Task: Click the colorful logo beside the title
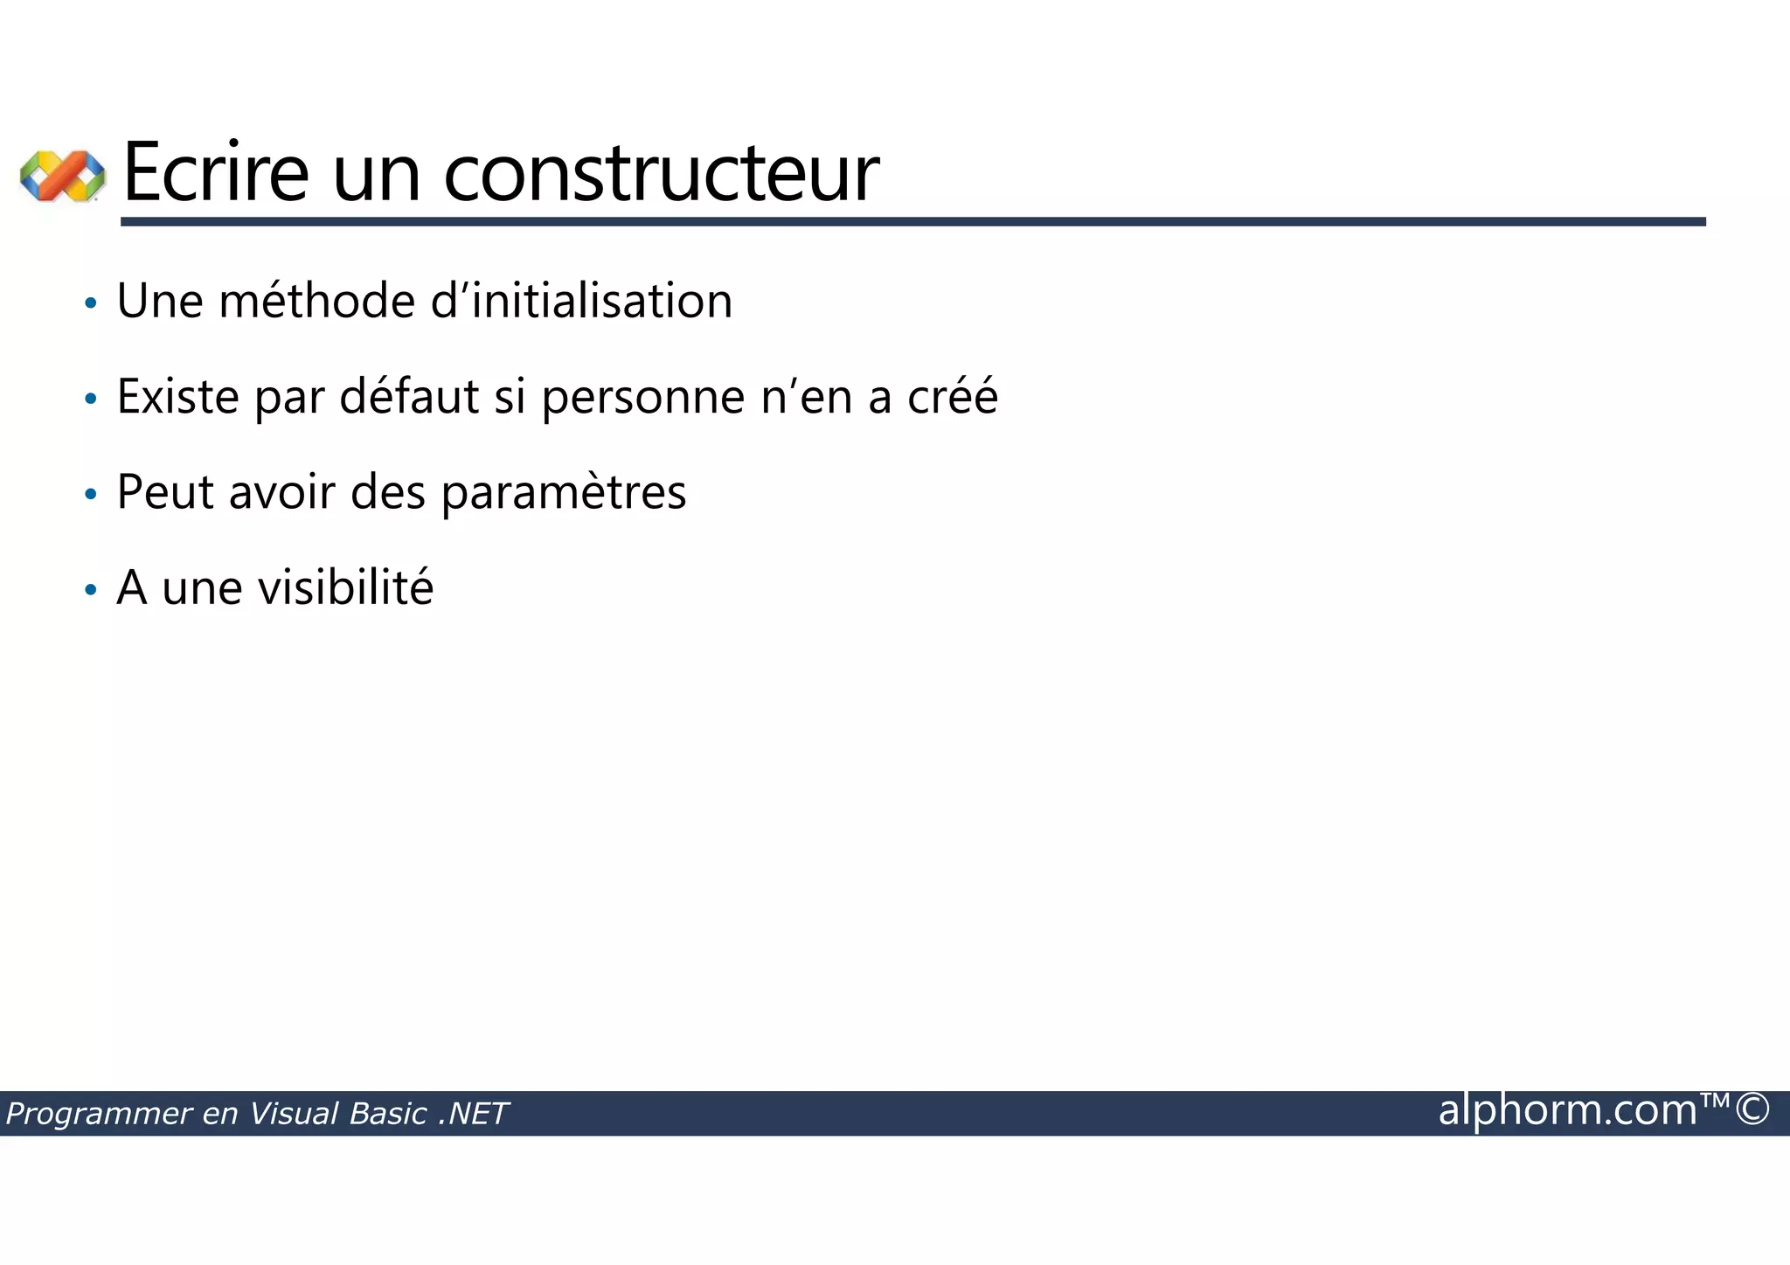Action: click(62, 175)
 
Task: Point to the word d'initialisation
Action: click(581, 301)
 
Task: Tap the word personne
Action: click(643, 398)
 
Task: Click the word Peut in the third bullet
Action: click(165, 491)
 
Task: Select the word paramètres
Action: click(564, 493)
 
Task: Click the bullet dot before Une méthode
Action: click(90, 304)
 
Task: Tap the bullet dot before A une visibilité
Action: click(90, 590)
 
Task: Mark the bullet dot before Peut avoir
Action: click(90, 495)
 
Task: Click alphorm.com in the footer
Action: click(1567, 1110)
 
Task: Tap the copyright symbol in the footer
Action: click(1752, 1109)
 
